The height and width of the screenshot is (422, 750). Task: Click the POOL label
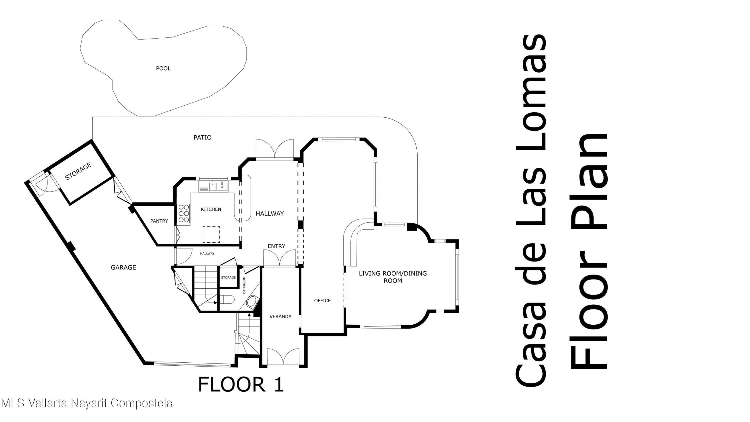tap(163, 68)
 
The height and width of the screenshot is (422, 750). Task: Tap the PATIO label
tap(202, 137)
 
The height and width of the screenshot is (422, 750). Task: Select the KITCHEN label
tap(211, 209)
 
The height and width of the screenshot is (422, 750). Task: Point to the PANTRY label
tap(159, 221)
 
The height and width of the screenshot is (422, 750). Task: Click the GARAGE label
tap(123, 267)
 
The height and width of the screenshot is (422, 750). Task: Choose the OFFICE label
tap(322, 301)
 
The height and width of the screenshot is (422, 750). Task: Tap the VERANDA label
tap(280, 316)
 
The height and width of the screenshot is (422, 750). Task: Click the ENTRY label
tap(276, 246)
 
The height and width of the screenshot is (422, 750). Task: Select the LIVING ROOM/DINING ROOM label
tap(393, 277)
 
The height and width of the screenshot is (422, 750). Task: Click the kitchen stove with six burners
tap(183, 214)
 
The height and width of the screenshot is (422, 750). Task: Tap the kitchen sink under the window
tap(218, 186)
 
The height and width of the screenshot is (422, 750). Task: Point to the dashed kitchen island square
tap(211, 234)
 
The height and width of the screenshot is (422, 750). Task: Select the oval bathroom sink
tap(252, 302)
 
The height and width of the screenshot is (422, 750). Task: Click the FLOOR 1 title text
tap(241, 384)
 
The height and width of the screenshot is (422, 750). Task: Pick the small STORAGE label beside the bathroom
tap(228, 277)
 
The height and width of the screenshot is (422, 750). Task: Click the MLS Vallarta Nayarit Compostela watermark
tap(87, 403)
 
